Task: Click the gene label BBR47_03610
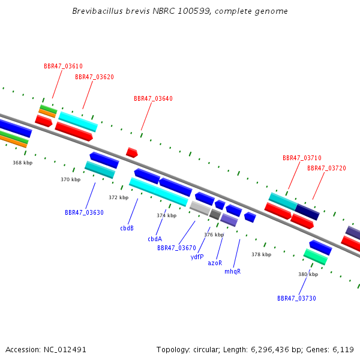(x=63, y=66)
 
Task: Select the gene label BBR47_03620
(x=94, y=77)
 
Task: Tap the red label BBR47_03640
(x=153, y=98)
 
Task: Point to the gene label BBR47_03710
(x=302, y=158)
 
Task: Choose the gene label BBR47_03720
(x=326, y=168)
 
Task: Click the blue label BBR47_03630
(x=84, y=212)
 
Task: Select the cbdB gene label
(x=127, y=228)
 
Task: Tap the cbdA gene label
(x=155, y=239)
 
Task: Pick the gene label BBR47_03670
(x=176, y=248)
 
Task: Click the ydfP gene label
(x=197, y=257)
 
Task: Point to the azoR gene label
(x=215, y=263)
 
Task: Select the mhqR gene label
(x=233, y=271)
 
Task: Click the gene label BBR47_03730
(x=296, y=298)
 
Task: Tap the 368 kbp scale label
(x=23, y=163)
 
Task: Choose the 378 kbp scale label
(x=261, y=254)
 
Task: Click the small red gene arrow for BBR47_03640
(x=132, y=152)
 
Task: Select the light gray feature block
(x=200, y=208)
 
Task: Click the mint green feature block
(x=316, y=257)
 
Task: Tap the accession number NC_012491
(x=65, y=350)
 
